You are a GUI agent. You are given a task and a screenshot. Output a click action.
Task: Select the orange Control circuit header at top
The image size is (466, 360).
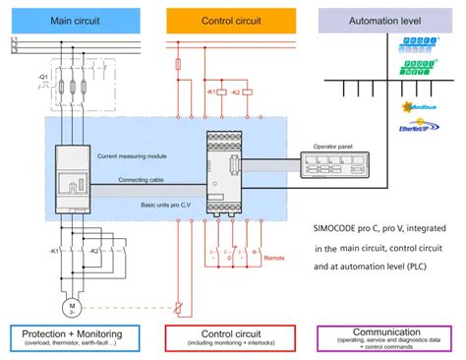[x=231, y=19]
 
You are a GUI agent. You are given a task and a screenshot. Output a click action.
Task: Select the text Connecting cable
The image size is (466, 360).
[x=141, y=180]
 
